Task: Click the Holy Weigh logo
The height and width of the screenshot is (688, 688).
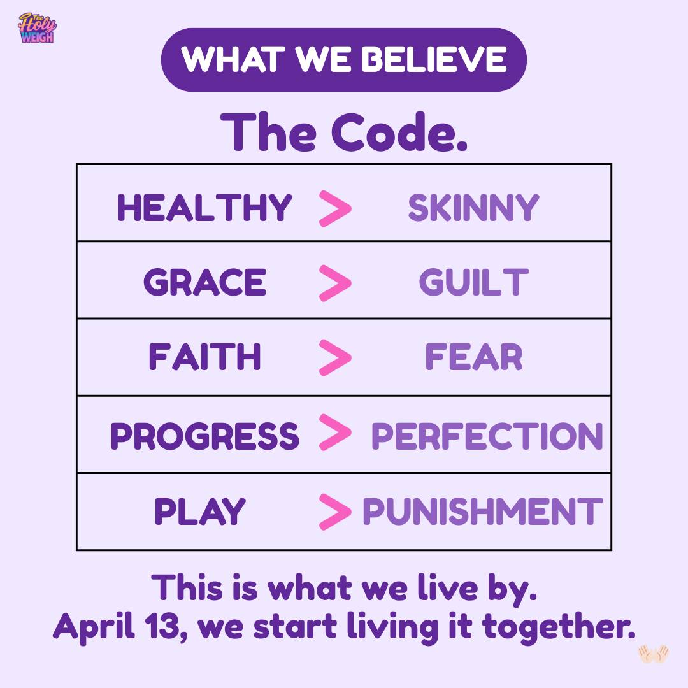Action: [x=38, y=27]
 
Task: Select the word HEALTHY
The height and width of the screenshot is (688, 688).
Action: [x=204, y=207]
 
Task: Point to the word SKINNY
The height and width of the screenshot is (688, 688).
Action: [x=474, y=207]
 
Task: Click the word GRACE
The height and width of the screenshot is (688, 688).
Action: [x=204, y=282]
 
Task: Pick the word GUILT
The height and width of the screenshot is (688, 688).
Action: [x=474, y=282]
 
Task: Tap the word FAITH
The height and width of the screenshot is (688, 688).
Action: [x=204, y=357]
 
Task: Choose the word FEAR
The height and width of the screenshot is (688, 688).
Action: [x=474, y=357]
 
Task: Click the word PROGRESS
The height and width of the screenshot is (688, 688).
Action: [x=204, y=436]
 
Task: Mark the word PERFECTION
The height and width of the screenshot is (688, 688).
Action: [x=487, y=436]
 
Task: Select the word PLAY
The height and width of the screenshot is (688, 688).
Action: [x=199, y=511]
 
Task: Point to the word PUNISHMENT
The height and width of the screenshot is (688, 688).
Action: [x=483, y=511]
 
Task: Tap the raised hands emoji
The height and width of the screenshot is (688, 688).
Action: [x=654, y=654]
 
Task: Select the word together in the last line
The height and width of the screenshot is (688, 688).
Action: [x=559, y=627]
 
